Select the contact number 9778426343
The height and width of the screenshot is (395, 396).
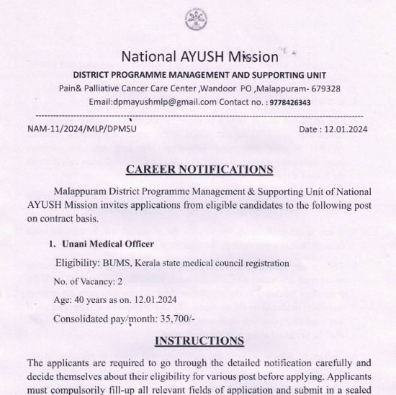pos(289,102)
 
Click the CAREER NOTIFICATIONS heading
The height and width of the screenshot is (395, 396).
pos(199,170)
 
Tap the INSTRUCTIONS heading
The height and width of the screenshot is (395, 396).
pos(199,340)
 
